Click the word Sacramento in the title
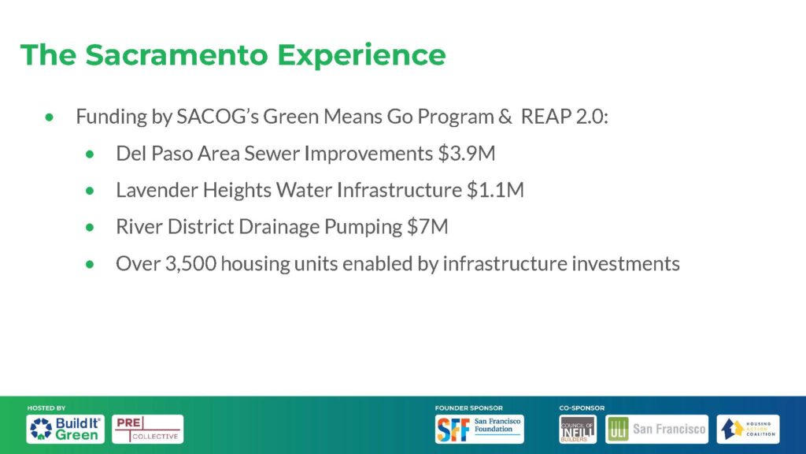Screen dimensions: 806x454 (x=176, y=54)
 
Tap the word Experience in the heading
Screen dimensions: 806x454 (x=361, y=56)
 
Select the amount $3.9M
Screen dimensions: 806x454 (x=467, y=154)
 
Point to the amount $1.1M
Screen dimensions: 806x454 (x=496, y=190)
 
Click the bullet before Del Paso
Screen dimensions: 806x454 (x=90, y=154)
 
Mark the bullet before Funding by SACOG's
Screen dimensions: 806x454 (x=50, y=117)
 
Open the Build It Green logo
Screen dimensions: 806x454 (x=65, y=429)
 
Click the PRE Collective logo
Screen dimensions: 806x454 (x=147, y=429)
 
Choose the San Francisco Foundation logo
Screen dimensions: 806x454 (x=479, y=429)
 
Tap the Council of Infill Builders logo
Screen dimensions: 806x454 (x=578, y=429)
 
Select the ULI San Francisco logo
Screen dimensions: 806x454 (x=656, y=429)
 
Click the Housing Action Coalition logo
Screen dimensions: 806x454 (x=748, y=429)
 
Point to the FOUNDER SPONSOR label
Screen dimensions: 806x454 (x=469, y=407)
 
